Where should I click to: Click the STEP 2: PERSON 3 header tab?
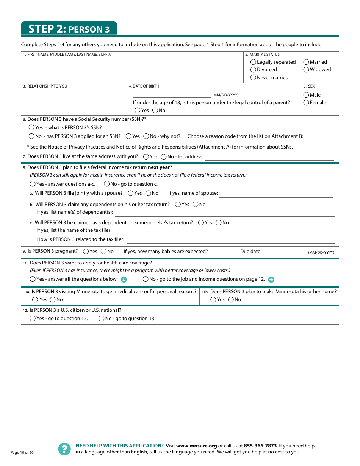pos(69,29)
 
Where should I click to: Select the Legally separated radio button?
pos(253,62)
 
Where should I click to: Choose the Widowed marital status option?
pos(306,70)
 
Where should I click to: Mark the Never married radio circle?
pos(253,78)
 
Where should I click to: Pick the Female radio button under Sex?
pos(306,103)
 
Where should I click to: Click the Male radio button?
pos(306,95)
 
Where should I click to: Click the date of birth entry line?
pos(171,95)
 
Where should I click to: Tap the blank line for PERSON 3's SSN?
pos(135,128)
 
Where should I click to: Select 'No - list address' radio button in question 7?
pos(164,157)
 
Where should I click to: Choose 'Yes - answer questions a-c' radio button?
pos(33,184)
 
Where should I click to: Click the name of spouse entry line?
pos(276,194)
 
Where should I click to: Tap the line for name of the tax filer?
pos(224,231)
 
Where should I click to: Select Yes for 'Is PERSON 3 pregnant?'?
pos(86,252)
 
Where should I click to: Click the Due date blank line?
pos(285,252)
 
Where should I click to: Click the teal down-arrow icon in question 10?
pos(124,280)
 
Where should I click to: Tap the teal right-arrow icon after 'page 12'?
pos(271,280)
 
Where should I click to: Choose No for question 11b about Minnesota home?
pos(231,300)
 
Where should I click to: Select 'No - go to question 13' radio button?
pos(102,319)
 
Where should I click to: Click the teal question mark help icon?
pos(64,449)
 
